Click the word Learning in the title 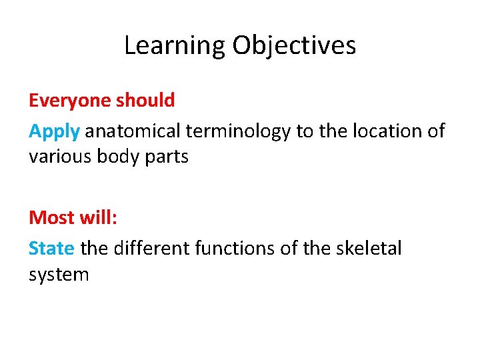(x=175, y=45)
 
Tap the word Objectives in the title (x=294, y=45)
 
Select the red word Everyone (x=71, y=101)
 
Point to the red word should (x=145, y=101)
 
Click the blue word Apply (x=54, y=131)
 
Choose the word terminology (x=239, y=131)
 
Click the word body (x=117, y=157)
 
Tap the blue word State (x=51, y=248)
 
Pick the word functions (x=237, y=248)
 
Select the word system (x=59, y=275)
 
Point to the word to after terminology (x=305, y=131)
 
